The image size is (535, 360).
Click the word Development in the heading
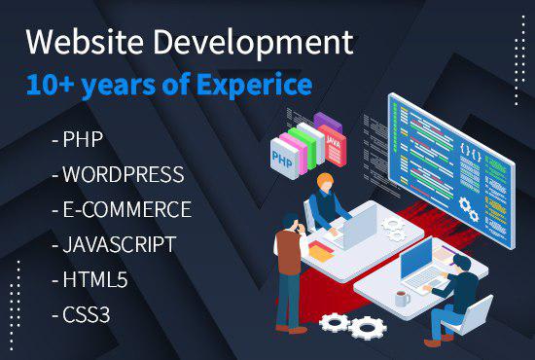(x=247, y=44)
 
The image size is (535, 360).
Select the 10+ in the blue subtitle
(x=47, y=85)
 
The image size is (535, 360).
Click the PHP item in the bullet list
(x=82, y=140)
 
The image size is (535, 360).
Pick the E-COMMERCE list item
(x=125, y=209)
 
